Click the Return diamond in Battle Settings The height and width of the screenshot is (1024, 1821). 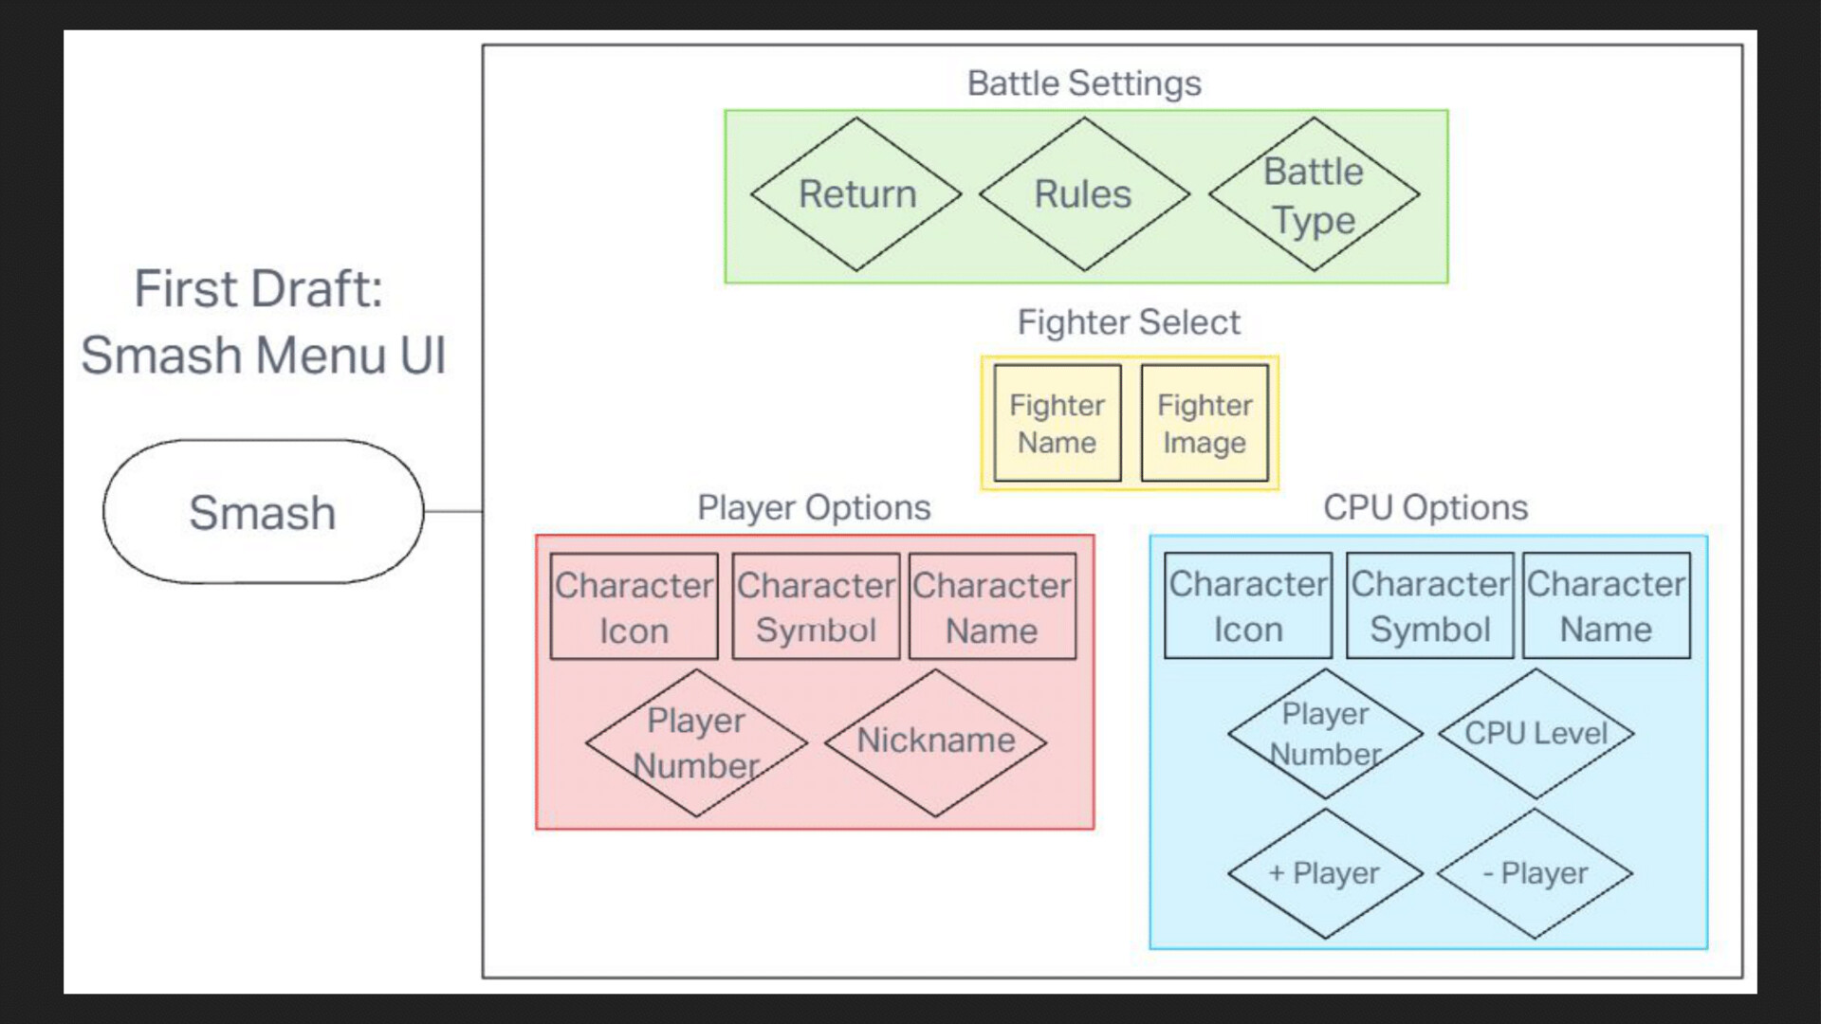coord(856,194)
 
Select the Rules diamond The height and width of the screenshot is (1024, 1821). coord(1083,194)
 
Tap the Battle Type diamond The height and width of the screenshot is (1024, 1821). coord(1314,194)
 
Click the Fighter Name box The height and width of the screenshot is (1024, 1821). coord(1057,423)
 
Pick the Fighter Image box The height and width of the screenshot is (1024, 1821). coord(1205,423)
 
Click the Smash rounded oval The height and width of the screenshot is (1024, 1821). coord(263,512)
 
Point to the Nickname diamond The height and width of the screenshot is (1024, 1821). coord(935,741)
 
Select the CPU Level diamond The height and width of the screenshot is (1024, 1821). coord(1536,733)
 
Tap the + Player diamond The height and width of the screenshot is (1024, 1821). coord(1324,873)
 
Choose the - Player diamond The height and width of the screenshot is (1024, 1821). coord(1535,873)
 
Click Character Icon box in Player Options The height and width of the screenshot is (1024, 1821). coord(634,607)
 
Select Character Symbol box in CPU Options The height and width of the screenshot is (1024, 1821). coord(1429,606)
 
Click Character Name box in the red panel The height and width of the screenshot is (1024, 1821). coord(992,607)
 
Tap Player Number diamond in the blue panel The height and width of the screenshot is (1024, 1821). coord(1324,733)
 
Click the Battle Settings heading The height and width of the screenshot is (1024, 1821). coord(1084,83)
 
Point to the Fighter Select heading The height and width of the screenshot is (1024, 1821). coord(1129,322)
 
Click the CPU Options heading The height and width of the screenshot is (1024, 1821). coord(1426,508)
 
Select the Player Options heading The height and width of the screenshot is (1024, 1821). coord(814,508)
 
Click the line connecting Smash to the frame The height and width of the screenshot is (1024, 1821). coord(453,512)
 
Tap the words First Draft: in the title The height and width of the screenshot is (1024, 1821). coord(258,289)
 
